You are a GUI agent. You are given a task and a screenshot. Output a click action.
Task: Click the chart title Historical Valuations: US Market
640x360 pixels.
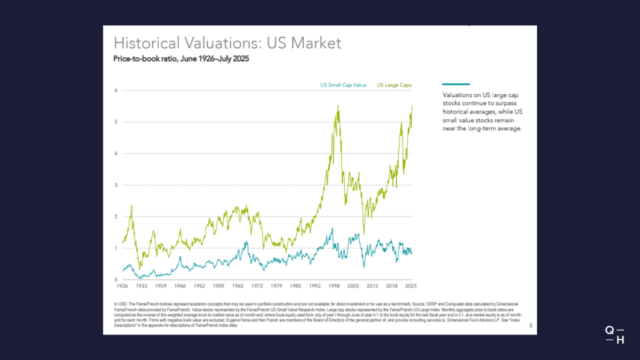(x=227, y=43)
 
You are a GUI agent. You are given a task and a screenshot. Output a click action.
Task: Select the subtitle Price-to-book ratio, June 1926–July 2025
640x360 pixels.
(x=181, y=59)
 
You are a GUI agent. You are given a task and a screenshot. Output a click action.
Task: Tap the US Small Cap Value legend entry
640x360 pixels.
(x=343, y=85)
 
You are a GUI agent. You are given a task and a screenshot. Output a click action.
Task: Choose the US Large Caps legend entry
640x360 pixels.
(x=394, y=85)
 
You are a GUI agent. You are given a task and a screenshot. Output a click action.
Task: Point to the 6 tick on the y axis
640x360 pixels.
(x=116, y=90)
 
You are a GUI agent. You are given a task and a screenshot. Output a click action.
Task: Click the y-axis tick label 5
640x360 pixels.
(x=116, y=122)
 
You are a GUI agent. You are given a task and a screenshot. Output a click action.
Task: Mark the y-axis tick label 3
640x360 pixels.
(x=116, y=185)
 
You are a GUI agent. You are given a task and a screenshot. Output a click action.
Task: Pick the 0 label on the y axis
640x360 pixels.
(x=116, y=279)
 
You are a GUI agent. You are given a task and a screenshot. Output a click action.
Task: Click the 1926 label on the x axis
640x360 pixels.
(x=122, y=286)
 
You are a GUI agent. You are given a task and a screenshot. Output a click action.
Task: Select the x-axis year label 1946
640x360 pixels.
(x=180, y=286)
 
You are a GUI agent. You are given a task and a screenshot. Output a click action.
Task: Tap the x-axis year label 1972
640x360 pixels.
(x=257, y=286)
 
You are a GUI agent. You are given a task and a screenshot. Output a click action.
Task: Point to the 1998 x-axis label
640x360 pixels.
(x=334, y=286)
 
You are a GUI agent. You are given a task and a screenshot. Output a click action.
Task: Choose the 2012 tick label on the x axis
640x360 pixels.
(x=372, y=286)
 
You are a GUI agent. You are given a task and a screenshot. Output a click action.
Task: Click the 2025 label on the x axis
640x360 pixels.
(x=411, y=286)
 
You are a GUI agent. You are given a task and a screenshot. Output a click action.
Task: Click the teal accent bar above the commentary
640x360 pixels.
(x=456, y=84)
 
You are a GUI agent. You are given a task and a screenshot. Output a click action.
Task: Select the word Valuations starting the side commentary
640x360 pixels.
(x=458, y=95)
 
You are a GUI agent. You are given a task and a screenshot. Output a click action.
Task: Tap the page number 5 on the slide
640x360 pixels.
(x=531, y=326)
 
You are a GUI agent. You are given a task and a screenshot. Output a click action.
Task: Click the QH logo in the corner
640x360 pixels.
(x=614, y=335)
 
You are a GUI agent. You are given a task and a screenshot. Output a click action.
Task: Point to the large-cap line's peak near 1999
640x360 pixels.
(x=338, y=106)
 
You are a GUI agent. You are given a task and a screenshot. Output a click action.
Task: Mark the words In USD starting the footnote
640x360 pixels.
(x=120, y=304)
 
